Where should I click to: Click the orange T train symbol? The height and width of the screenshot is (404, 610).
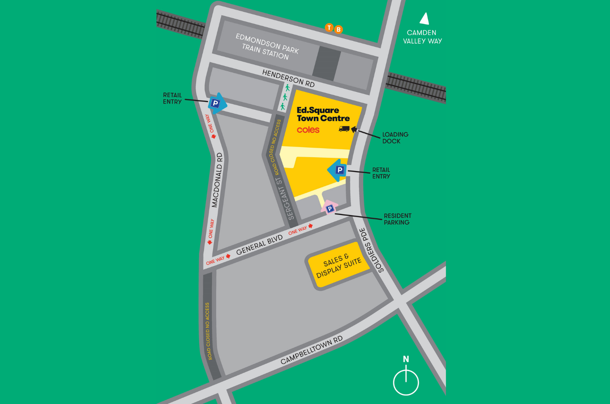pyautogui.click(x=329, y=27)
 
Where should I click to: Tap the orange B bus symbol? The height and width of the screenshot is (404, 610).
pyautogui.click(x=338, y=29)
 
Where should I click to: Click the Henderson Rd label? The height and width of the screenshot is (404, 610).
pyautogui.click(x=288, y=78)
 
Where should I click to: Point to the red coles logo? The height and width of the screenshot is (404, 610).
pyautogui.click(x=308, y=130)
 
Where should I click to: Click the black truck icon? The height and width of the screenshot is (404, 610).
pyautogui.click(x=344, y=129)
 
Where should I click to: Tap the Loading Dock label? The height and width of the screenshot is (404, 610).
pyautogui.click(x=395, y=138)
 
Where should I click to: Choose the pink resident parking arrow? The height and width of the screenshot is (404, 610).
pyautogui.click(x=329, y=208)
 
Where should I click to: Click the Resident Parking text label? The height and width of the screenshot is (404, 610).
pyautogui.click(x=397, y=219)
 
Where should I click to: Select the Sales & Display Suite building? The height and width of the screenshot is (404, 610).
pyautogui.click(x=339, y=265)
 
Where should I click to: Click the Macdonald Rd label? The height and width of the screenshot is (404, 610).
pyautogui.click(x=217, y=180)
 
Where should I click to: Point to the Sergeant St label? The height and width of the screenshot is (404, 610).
pyautogui.click(x=285, y=198)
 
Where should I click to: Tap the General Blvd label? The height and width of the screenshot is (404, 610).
pyautogui.click(x=259, y=245)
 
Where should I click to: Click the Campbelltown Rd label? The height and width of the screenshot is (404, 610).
pyautogui.click(x=311, y=350)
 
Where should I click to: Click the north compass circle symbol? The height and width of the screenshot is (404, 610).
pyautogui.click(x=406, y=382)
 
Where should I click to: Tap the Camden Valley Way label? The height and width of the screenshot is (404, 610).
pyautogui.click(x=422, y=37)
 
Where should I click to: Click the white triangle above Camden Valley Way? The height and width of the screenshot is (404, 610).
pyautogui.click(x=425, y=19)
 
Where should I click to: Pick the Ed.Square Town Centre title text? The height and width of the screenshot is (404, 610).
pyautogui.click(x=323, y=114)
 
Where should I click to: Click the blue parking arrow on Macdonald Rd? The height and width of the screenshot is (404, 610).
pyautogui.click(x=217, y=104)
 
